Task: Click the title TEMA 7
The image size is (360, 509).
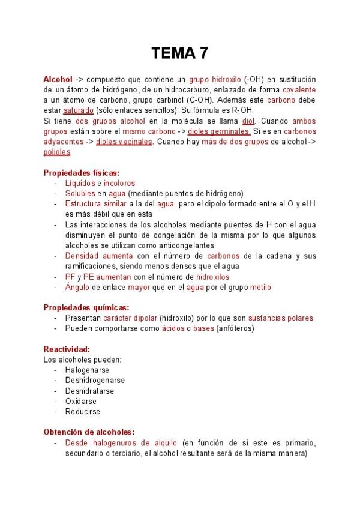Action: click(x=179, y=54)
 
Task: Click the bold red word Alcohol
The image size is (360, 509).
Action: click(x=58, y=79)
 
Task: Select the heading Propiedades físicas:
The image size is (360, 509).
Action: click(x=81, y=172)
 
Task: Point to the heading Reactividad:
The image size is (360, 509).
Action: click(x=67, y=349)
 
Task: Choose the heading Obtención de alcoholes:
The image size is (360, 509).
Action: click(x=89, y=432)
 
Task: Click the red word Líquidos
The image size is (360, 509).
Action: click(x=80, y=183)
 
